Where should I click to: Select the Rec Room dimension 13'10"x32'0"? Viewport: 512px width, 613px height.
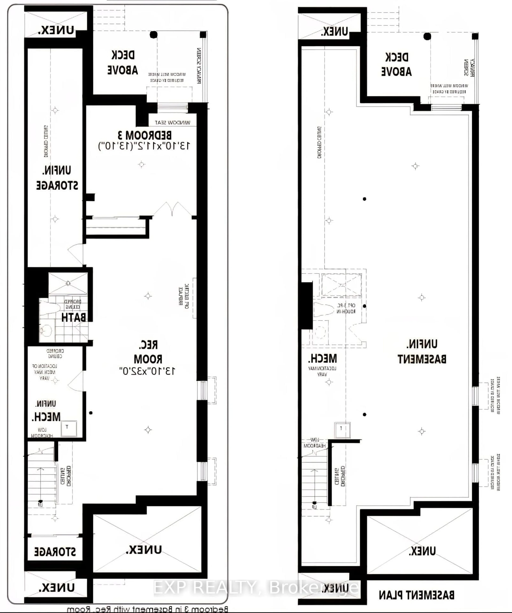tap(147, 371)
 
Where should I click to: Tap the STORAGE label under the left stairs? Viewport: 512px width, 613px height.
tap(55, 551)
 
